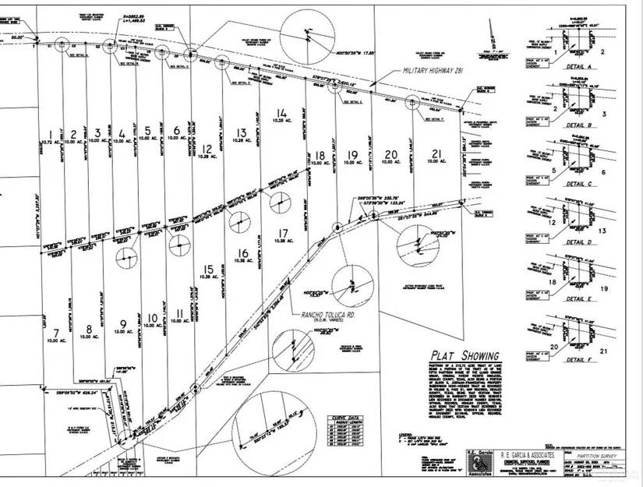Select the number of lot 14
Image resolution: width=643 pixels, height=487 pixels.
coord(282,113)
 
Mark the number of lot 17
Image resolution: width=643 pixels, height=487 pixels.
coord(282,232)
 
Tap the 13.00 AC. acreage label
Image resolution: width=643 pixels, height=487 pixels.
coord(122,332)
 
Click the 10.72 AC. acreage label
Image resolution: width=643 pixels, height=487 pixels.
coord(52,141)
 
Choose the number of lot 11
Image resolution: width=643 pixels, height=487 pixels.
coord(180,313)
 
